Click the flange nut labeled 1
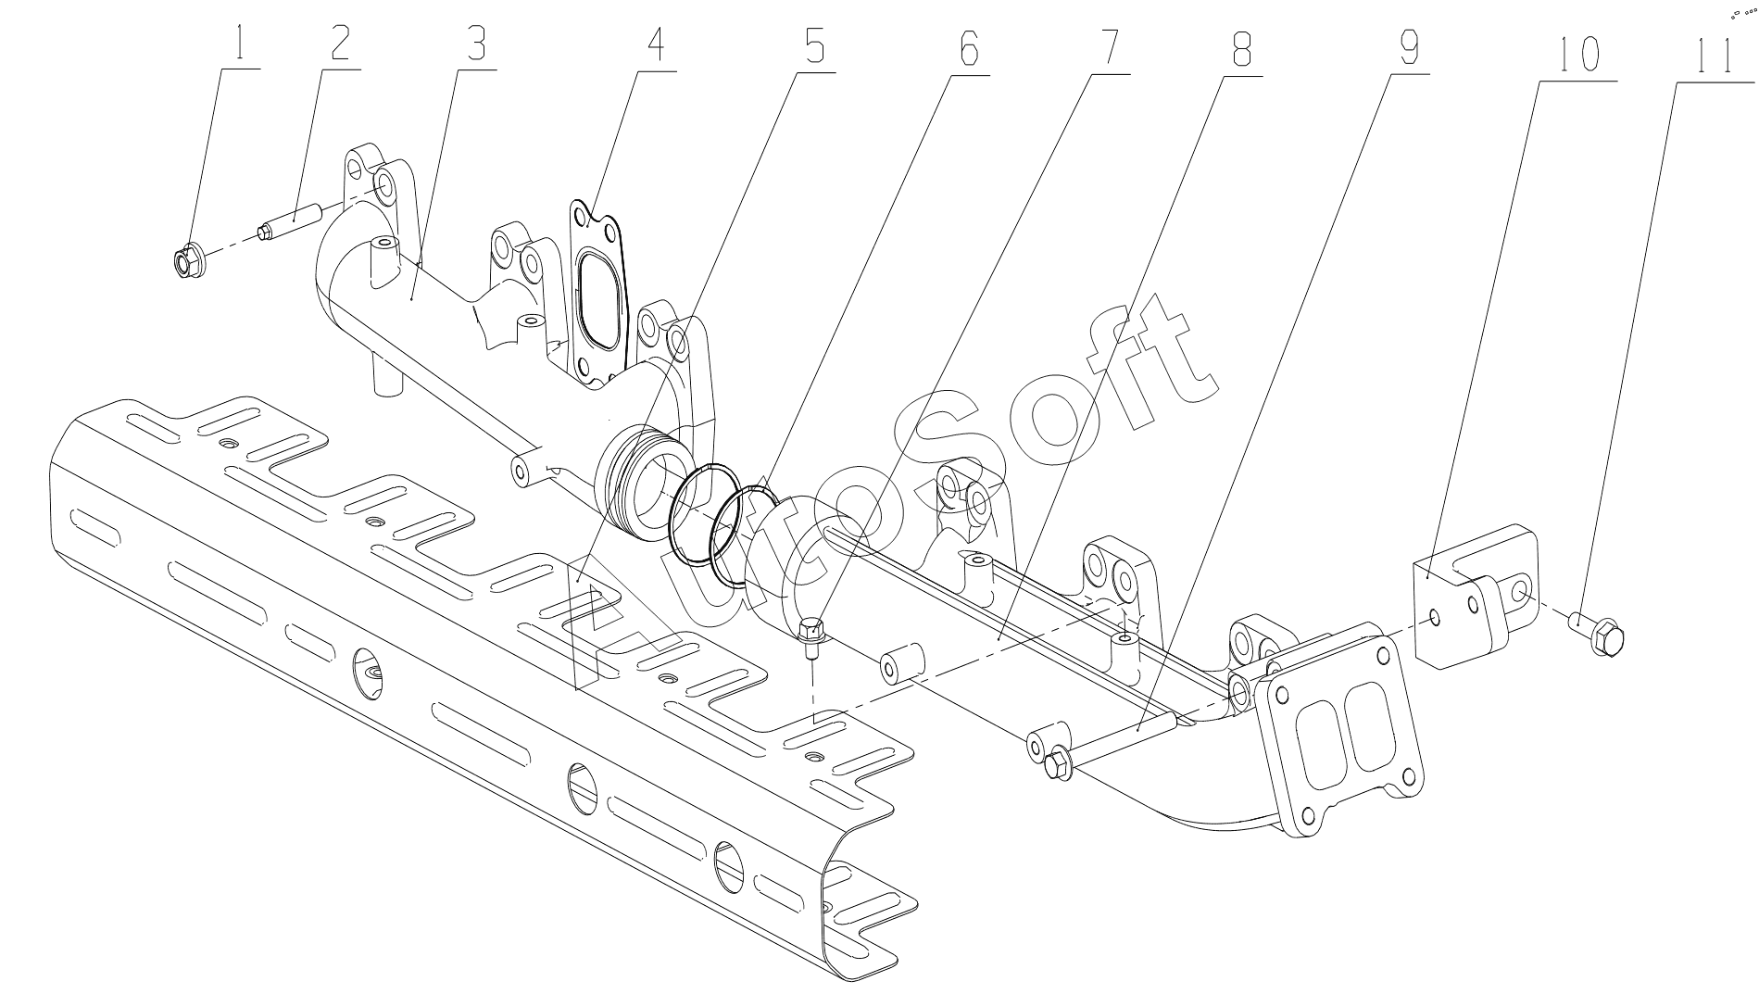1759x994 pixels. tap(188, 260)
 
